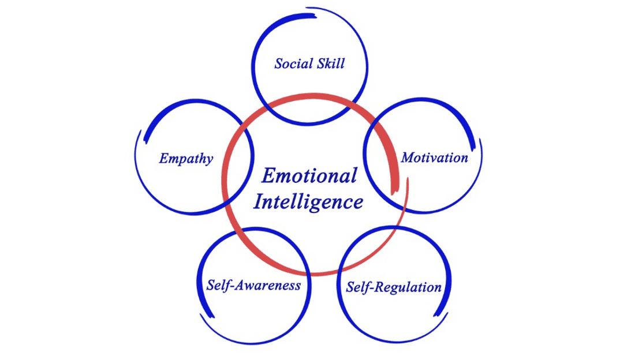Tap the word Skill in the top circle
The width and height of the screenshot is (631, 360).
click(331, 63)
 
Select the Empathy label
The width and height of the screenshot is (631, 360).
click(186, 159)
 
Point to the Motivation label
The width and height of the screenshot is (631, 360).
click(435, 157)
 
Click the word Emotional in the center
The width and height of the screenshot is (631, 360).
click(309, 176)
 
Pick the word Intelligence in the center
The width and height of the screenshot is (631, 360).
click(308, 202)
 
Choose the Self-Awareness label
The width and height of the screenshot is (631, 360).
click(253, 285)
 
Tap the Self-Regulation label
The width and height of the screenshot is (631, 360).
click(394, 287)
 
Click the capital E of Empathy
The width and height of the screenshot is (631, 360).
click(164, 158)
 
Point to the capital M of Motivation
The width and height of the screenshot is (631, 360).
click(409, 157)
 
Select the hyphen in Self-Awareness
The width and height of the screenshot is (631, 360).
click(232, 286)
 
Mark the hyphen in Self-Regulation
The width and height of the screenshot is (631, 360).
click(372, 288)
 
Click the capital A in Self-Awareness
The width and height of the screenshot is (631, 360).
click(241, 285)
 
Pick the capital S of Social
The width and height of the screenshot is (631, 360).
click(279, 63)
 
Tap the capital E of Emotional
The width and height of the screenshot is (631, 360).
click(269, 176)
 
